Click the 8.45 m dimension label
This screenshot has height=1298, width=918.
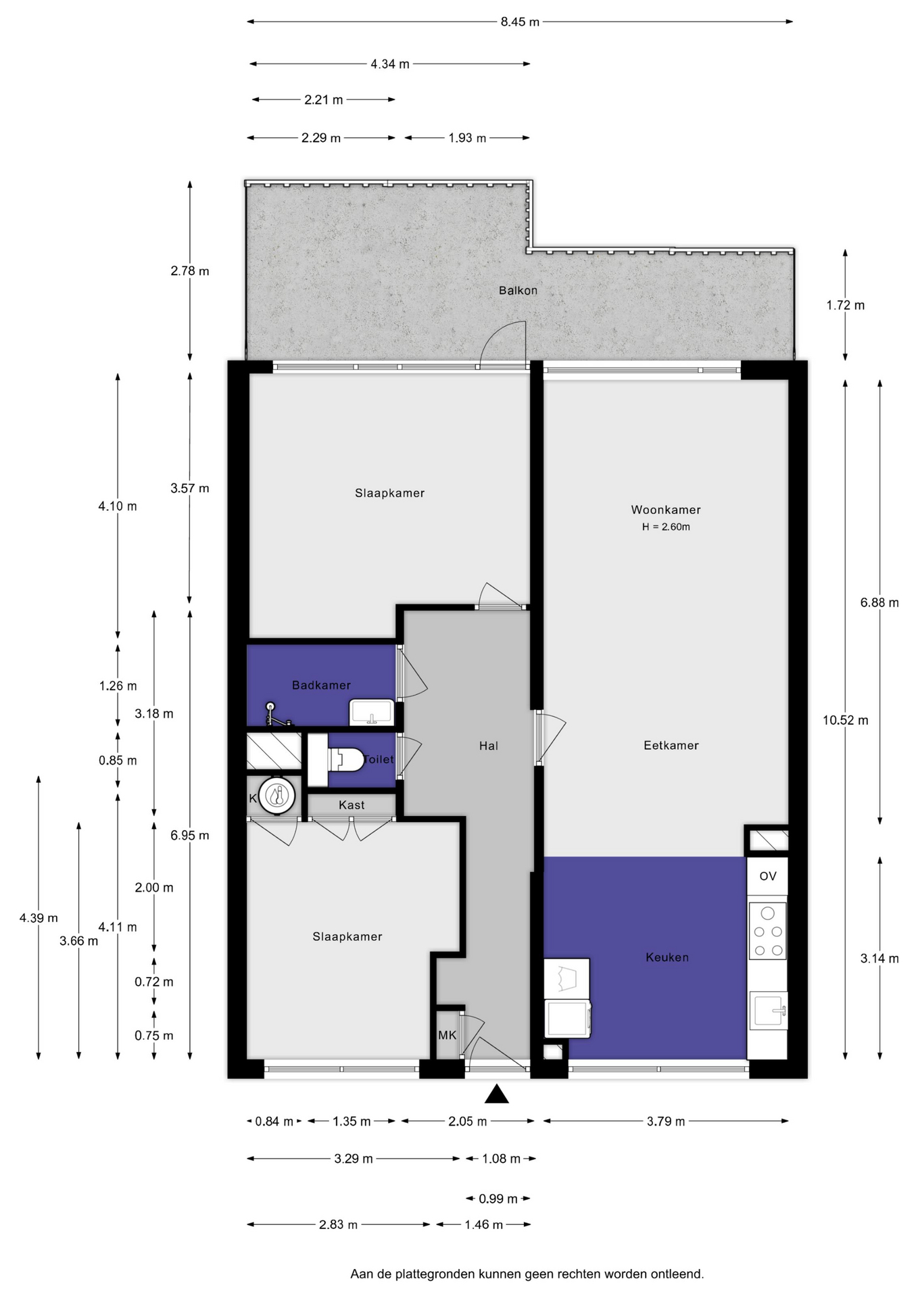[520, 22]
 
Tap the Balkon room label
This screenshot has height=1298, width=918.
[518, 291]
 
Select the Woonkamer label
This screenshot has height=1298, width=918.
[666, 510]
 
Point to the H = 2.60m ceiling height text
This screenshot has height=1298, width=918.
[666, 527]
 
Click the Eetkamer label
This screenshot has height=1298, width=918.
[671, 745]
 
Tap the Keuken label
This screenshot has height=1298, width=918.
[667, 957]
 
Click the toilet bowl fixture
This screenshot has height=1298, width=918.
[345, 760]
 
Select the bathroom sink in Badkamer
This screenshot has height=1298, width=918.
[371, 713]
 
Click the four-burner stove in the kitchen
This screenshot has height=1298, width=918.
[768, 931]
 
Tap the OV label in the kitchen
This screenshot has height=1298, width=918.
[768, 876]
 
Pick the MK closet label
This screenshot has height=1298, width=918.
[447, 1035]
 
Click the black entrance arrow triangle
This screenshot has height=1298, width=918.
[497, 1094]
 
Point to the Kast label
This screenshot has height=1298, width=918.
[352, 805]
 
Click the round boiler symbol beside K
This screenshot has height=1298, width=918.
[277, 796]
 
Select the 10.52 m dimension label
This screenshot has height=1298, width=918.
[846, 720]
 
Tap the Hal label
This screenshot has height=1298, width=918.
[489, 746]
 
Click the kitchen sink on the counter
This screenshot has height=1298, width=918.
[769, 1010]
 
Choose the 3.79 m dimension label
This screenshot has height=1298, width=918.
[666, 1122]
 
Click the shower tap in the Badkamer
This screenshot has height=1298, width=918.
[277, 715]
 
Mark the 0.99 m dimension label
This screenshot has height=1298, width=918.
[498, 1199]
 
